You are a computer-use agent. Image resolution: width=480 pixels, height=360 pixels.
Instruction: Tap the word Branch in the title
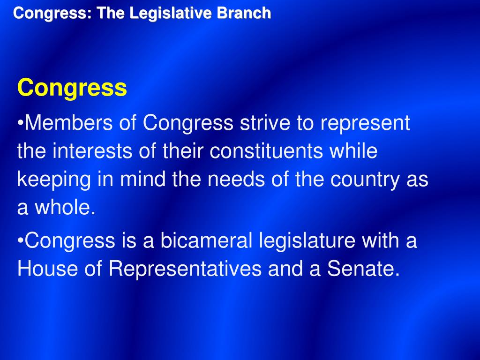click(x=244, y=13)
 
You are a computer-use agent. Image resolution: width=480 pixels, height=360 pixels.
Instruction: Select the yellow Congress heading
click(x=72, y=88)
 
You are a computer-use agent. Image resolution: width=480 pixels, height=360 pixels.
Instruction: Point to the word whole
click(x=63, y=208)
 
